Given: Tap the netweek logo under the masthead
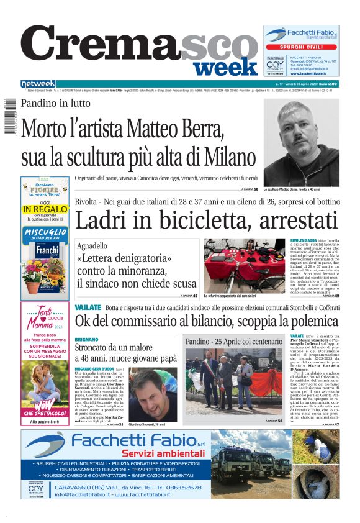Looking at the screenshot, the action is point(37,84).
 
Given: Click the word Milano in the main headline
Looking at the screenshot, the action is point(222,155).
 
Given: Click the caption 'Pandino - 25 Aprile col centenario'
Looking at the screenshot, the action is point(233,342).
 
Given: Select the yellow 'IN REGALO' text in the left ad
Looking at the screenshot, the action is point(44,210).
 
